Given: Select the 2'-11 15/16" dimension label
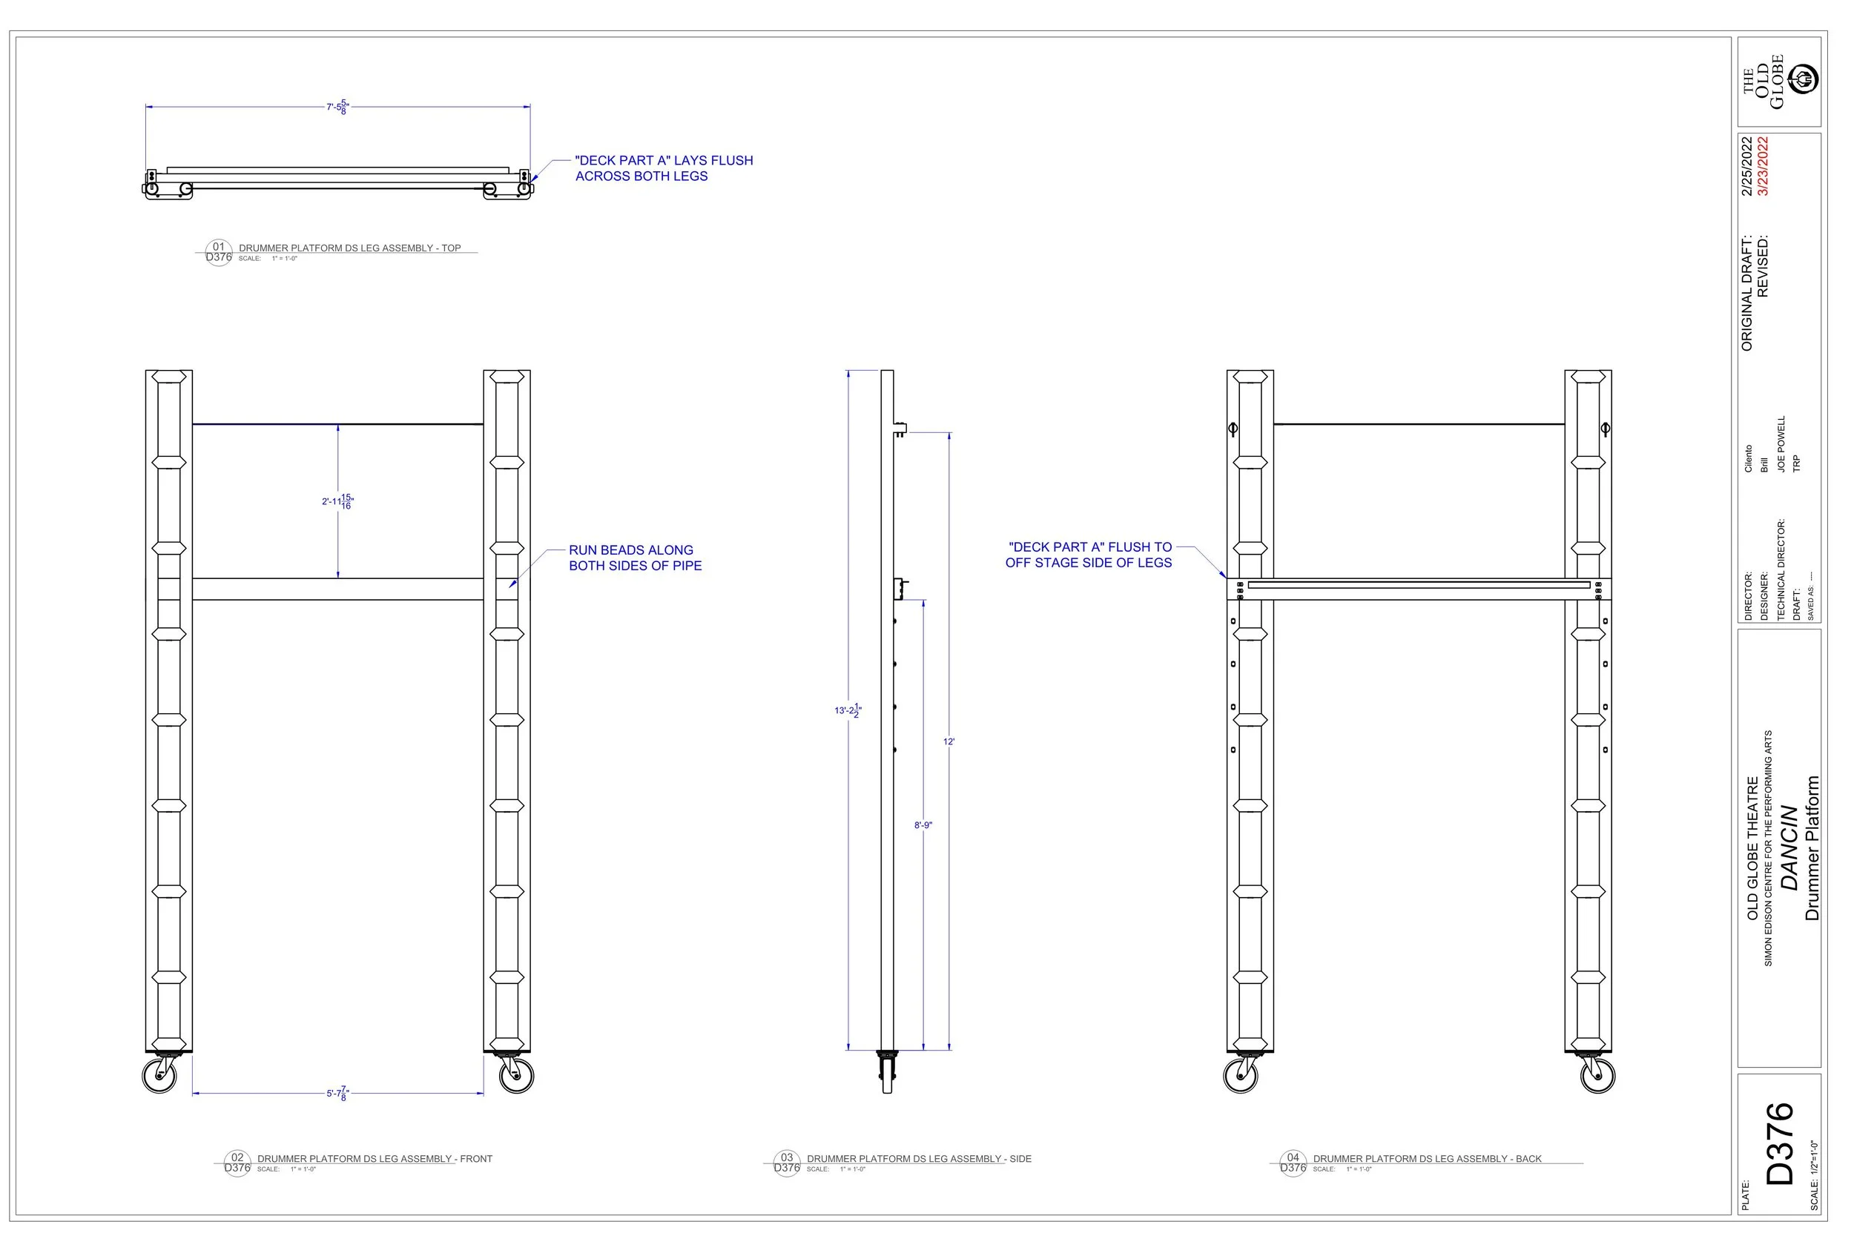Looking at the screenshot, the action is point(337,501).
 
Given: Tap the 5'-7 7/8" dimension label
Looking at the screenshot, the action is point(337,1094).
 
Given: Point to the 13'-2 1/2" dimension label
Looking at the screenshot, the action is point(848,710).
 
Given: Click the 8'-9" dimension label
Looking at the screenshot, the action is point(923,825).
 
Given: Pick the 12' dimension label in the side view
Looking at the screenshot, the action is point(949,741).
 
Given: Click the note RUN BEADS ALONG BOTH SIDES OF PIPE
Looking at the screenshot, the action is point(635,558).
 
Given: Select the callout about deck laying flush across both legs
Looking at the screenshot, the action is point(664,168).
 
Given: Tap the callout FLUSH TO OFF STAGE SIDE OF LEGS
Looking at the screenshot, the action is point(1089,555).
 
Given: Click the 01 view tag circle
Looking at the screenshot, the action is point(218,252).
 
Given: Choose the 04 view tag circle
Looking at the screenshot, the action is point(1293,1163).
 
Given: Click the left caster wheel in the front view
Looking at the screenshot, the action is point(159,1076).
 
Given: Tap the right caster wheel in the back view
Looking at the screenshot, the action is point(1598,1076).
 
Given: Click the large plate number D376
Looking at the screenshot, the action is point(1780,1143).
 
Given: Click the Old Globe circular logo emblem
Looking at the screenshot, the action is point(1804,79).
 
